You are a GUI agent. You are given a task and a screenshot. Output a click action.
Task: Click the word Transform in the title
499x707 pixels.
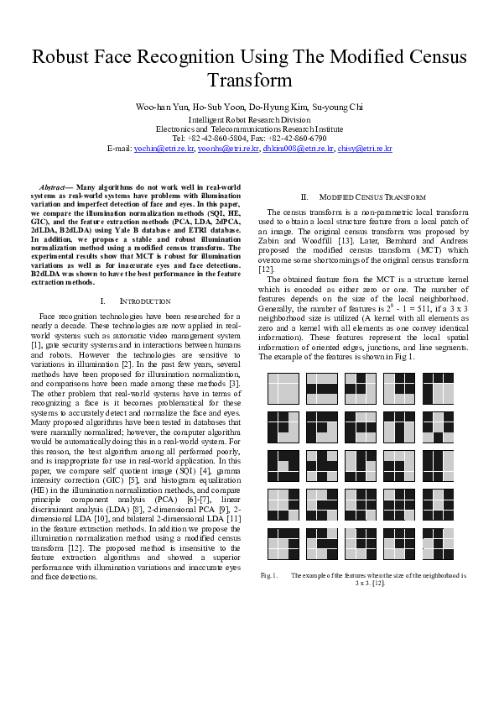[x=249, y=81]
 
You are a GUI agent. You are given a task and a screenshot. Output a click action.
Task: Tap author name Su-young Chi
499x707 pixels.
[x=337, y=107]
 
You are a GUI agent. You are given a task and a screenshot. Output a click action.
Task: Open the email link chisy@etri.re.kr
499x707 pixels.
[x=365, y=148]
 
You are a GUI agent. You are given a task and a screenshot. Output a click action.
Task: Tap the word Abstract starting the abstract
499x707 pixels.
[x=55, y=186]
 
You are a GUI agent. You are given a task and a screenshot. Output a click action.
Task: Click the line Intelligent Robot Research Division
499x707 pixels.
[x=249, y=120]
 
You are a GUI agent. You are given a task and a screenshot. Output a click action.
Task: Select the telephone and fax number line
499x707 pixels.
[x=249, y=138]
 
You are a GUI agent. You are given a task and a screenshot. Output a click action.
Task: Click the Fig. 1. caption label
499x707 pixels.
[x=269, y=575]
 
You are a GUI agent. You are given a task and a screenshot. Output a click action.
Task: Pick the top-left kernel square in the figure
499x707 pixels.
[x=283, y=390]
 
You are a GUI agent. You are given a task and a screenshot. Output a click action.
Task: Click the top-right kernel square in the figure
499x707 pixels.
[x=437, y=390]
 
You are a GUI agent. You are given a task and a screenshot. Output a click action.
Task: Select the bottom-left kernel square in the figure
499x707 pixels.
[x=283, y=544]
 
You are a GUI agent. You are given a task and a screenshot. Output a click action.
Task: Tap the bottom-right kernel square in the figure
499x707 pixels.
[x=437, y=544]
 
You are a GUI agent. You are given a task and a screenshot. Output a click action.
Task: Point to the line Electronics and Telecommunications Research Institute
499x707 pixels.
[x=249, y=129]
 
